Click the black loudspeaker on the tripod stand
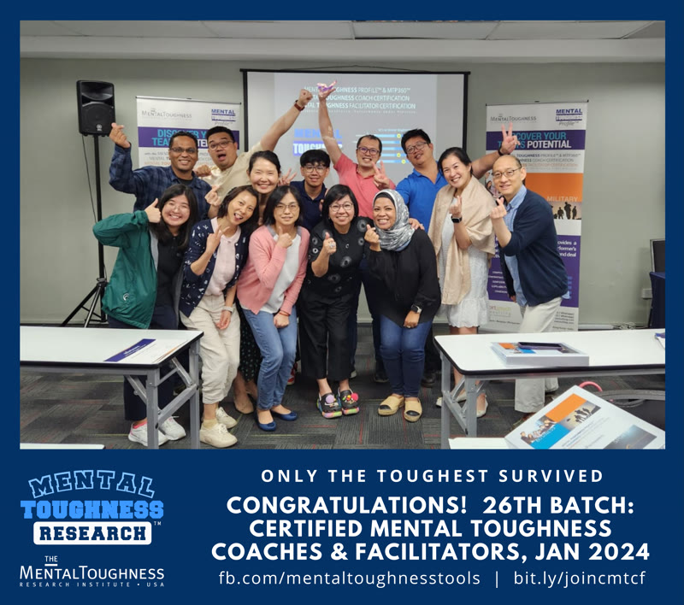96,107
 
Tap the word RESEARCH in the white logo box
92,532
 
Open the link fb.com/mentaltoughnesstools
349,578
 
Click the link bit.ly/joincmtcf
579,578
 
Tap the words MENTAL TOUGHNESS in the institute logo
91,571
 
